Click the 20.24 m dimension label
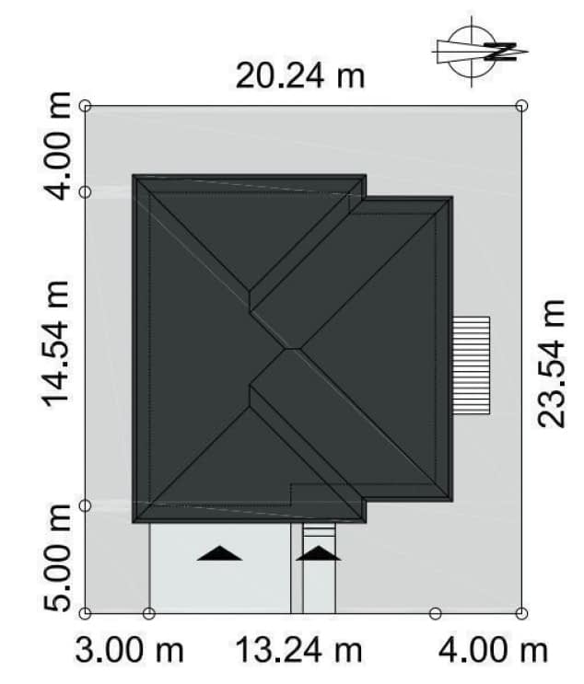tap(300, 76)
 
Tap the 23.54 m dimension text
tap(551, 364)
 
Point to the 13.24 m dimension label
tap(298, 650)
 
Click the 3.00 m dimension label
tap(130, 650)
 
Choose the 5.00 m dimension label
tap(56, 558)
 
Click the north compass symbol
tap(479, 52)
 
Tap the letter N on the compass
tap(500, 52)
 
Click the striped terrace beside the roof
tap(471, 365)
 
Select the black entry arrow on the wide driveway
tap(219, 553)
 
